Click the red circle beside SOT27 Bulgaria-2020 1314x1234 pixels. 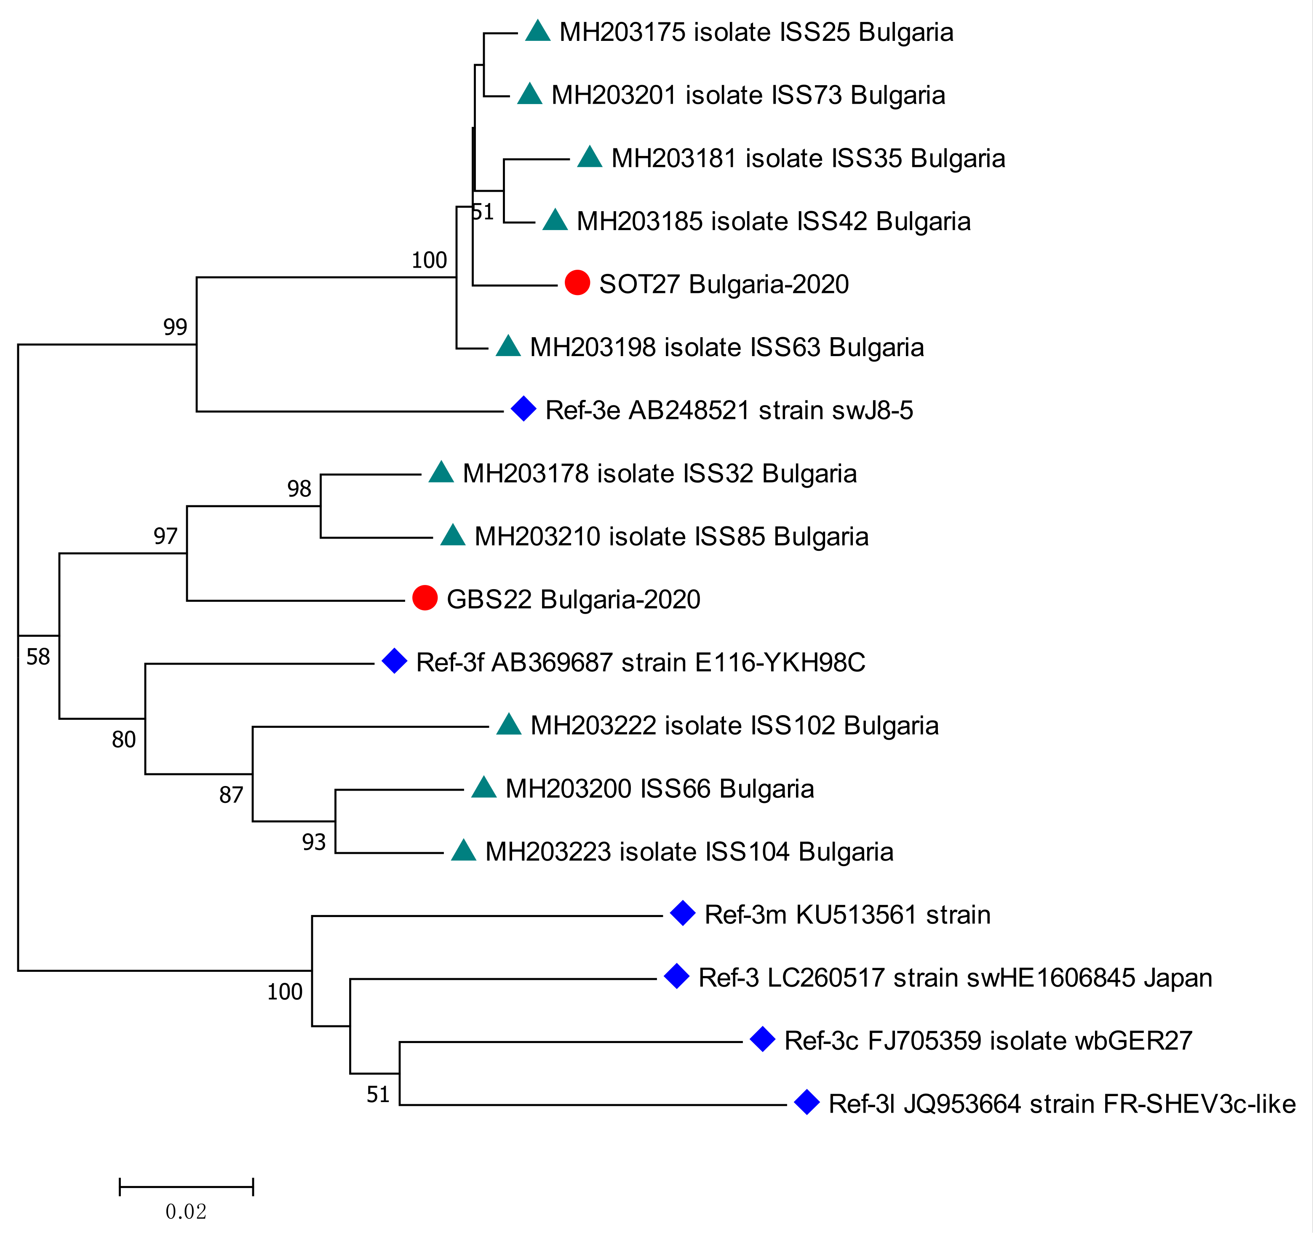pos(577,283)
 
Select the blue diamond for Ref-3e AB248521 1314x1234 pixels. pos(523,409)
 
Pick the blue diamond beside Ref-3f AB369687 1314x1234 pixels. pos(395,661)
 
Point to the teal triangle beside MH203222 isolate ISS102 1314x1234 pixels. pos(509,725)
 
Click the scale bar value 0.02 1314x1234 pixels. pos(186,1212)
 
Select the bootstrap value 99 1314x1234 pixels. pos(175,327)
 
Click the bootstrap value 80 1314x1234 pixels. pos(123,739)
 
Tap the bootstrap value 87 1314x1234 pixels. pos(231,795)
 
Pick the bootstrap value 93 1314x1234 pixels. pos(314,842)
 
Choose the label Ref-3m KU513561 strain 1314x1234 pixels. pos(847,915)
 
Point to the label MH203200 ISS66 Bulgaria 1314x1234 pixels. pos(659,788)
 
